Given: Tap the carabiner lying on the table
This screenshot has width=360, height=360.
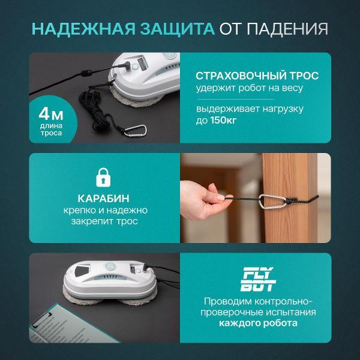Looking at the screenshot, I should (137, 130).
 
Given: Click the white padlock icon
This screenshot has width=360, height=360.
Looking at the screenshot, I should (105, 178).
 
